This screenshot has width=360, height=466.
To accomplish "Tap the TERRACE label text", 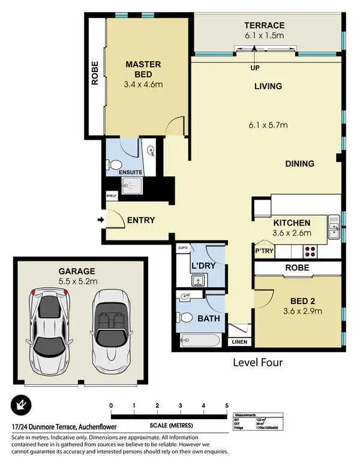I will pos(264,25).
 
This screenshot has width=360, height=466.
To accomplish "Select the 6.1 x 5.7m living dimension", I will pos(268,125).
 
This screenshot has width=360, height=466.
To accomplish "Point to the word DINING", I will pos(299,164).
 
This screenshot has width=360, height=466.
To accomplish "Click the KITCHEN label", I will pos(291,223).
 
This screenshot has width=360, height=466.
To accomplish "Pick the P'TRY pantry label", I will pos(264,251).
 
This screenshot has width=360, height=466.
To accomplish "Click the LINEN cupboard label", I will pos(239,342).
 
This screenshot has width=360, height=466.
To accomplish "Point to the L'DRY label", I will pos(204,264).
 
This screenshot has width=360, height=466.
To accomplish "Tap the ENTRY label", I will pos(141,220).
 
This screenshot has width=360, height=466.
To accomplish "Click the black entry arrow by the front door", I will pos(100,220).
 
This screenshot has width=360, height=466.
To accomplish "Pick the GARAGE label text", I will pos(77,270).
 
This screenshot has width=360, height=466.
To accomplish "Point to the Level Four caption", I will pos(258,362).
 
